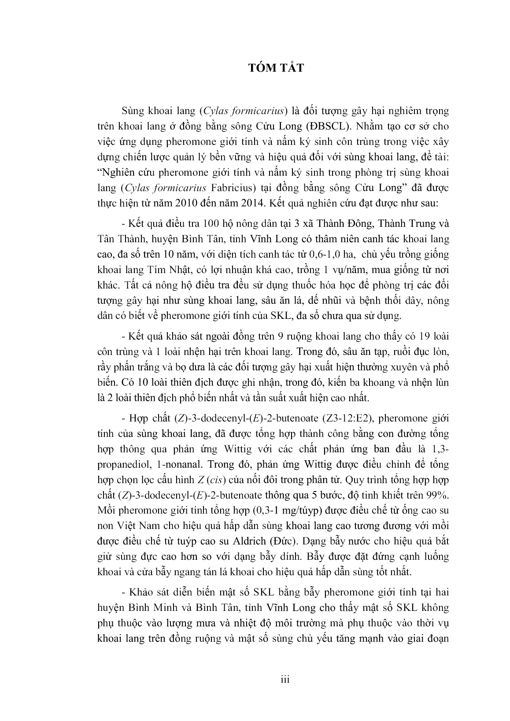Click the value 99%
438,495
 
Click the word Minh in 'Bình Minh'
168,608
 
